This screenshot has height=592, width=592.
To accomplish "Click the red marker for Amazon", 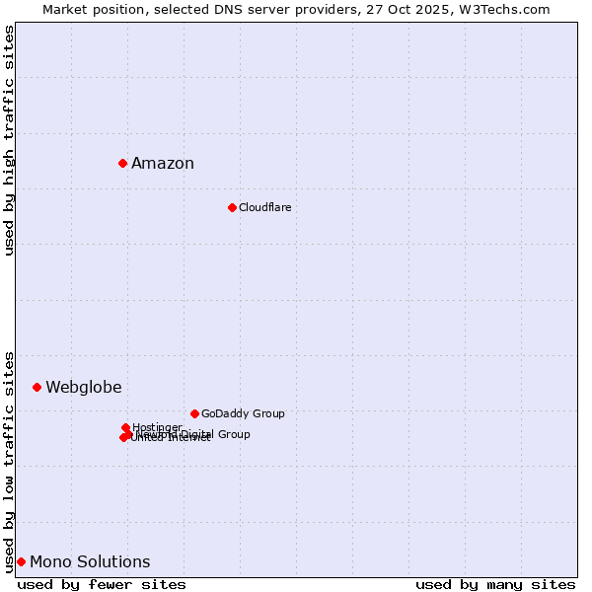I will tap(122, 163).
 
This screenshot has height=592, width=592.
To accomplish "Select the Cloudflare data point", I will tap(232, 207).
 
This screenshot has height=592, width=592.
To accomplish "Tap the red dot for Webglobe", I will tap(37, 387).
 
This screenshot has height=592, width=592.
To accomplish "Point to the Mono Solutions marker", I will tap(21, 561).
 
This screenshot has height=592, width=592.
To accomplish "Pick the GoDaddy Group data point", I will tap(194, 413).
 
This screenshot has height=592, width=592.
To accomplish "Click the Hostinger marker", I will tap(125, 427).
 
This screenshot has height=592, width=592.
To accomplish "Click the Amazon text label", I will tap(163, 164).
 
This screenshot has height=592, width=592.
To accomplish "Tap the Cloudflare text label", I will tap(264, 207).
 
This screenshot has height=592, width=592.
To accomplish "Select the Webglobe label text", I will tap(84, 388).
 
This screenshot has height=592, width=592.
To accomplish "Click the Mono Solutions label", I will tap(90, 562).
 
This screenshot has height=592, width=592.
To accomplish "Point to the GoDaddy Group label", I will tap(243, 413).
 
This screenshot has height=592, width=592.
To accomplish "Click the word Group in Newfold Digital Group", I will tap(234, 434).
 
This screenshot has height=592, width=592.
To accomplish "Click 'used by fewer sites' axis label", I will tap(102, 584).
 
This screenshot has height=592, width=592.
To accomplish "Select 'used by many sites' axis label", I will tap(495, 584).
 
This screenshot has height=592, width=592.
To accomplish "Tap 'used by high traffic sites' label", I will tap(10, 140).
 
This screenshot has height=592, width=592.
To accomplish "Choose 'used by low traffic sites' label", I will tap(10, 462).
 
